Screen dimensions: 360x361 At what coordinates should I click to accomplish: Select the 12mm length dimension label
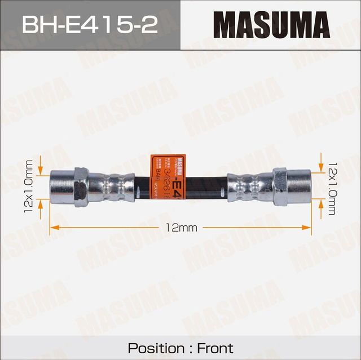[x=181, y=228]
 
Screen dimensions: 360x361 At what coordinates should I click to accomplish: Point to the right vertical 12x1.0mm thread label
[x=331, y=186]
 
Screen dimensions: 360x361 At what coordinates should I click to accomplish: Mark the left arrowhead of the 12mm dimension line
[x=54, y=228]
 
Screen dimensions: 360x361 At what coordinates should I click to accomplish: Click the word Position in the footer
[x=155, y=348]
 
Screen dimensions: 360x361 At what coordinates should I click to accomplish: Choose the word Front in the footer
[x=215, y=348]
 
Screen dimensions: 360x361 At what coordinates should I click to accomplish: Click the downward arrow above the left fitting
[x=41, y=165]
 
